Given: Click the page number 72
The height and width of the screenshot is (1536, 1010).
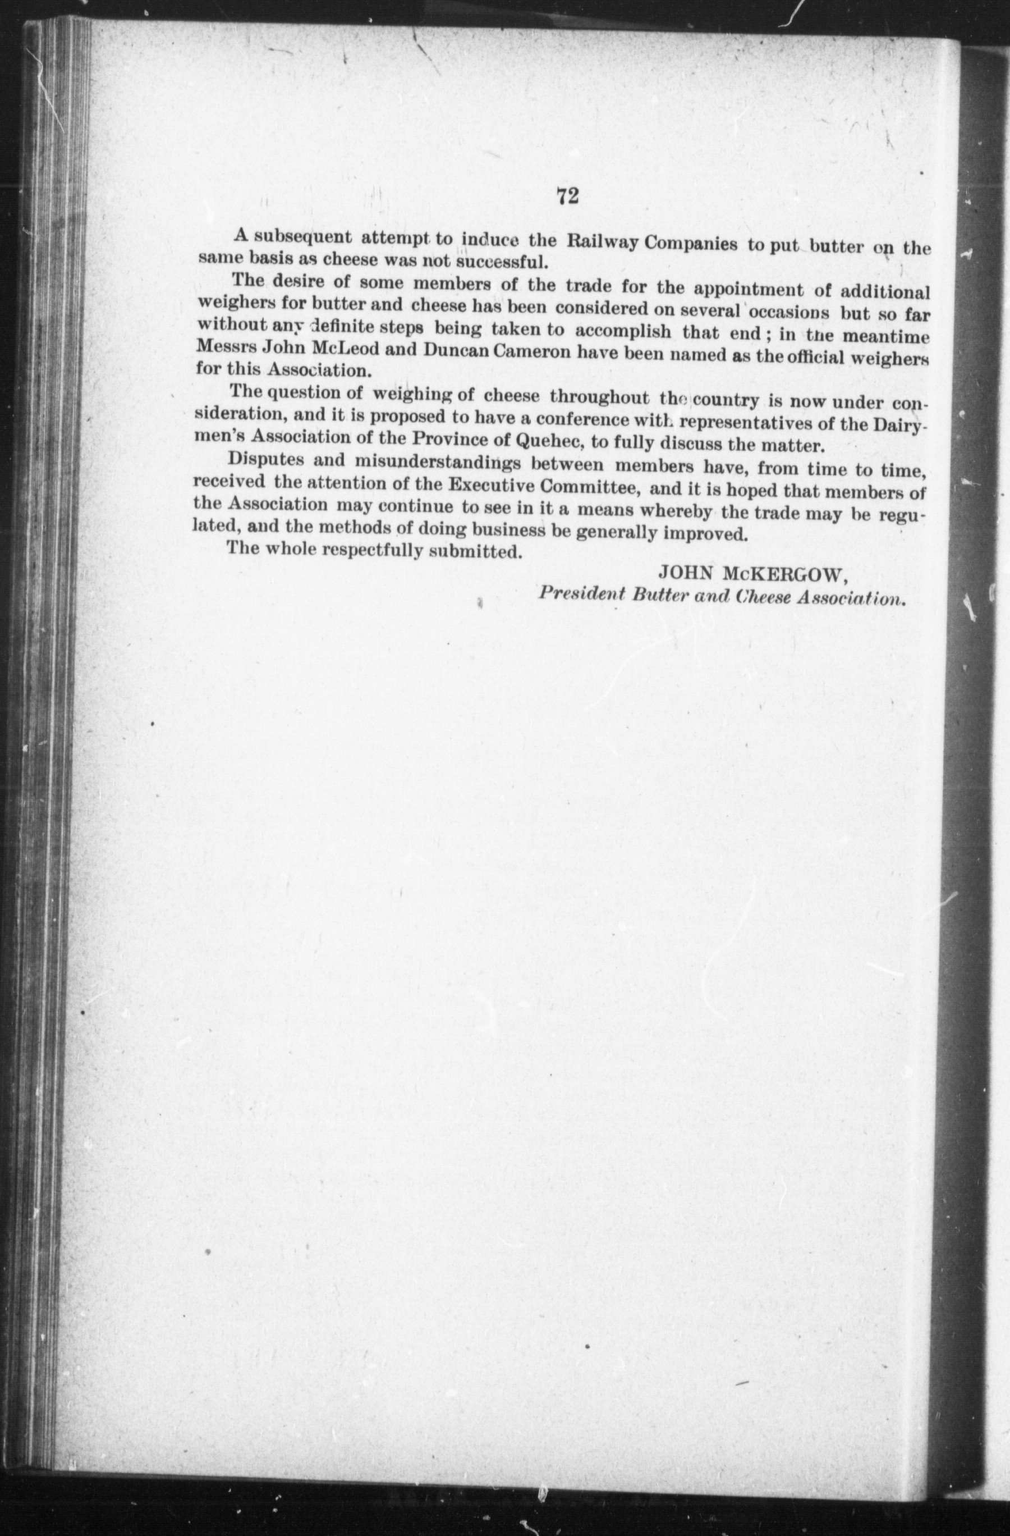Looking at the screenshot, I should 567,195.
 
